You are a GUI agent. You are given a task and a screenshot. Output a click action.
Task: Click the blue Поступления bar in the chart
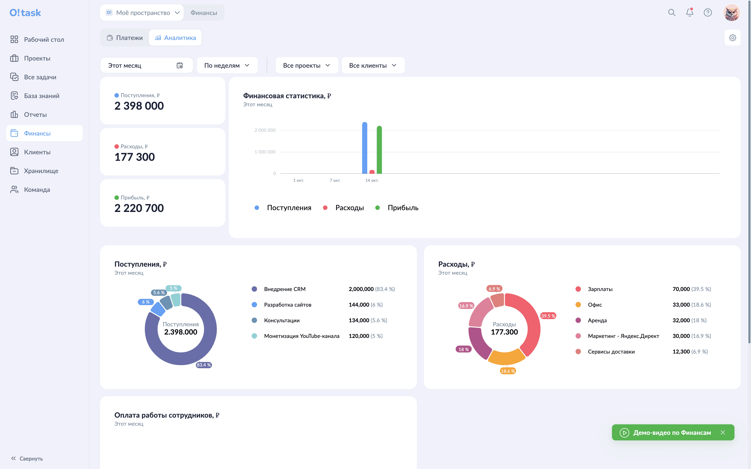coord(365,148)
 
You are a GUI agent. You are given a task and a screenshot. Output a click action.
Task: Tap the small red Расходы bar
coord(372,172)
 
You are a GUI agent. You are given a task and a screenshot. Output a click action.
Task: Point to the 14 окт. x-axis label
coord(372,180)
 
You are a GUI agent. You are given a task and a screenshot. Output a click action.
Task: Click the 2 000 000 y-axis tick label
coord(265,130)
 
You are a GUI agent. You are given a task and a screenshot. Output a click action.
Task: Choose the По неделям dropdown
coord(227,65)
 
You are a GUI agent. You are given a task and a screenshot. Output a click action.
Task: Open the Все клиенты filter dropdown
coord(373,65)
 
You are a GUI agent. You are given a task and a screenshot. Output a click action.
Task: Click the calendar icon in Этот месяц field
coord(180,65)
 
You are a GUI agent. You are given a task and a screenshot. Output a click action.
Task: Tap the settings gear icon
coord(733,38)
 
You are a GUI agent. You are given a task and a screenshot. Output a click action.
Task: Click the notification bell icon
coord(690,13)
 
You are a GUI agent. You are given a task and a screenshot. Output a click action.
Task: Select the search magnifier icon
coord(672,13)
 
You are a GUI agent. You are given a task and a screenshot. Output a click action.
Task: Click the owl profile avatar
coord(732,13)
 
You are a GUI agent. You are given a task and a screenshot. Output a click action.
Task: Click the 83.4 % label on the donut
coord(204,365)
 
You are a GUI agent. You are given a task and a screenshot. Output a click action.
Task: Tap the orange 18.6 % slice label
coord(508,371)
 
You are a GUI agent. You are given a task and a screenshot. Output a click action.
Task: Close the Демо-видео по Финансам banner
coord(723,432)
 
